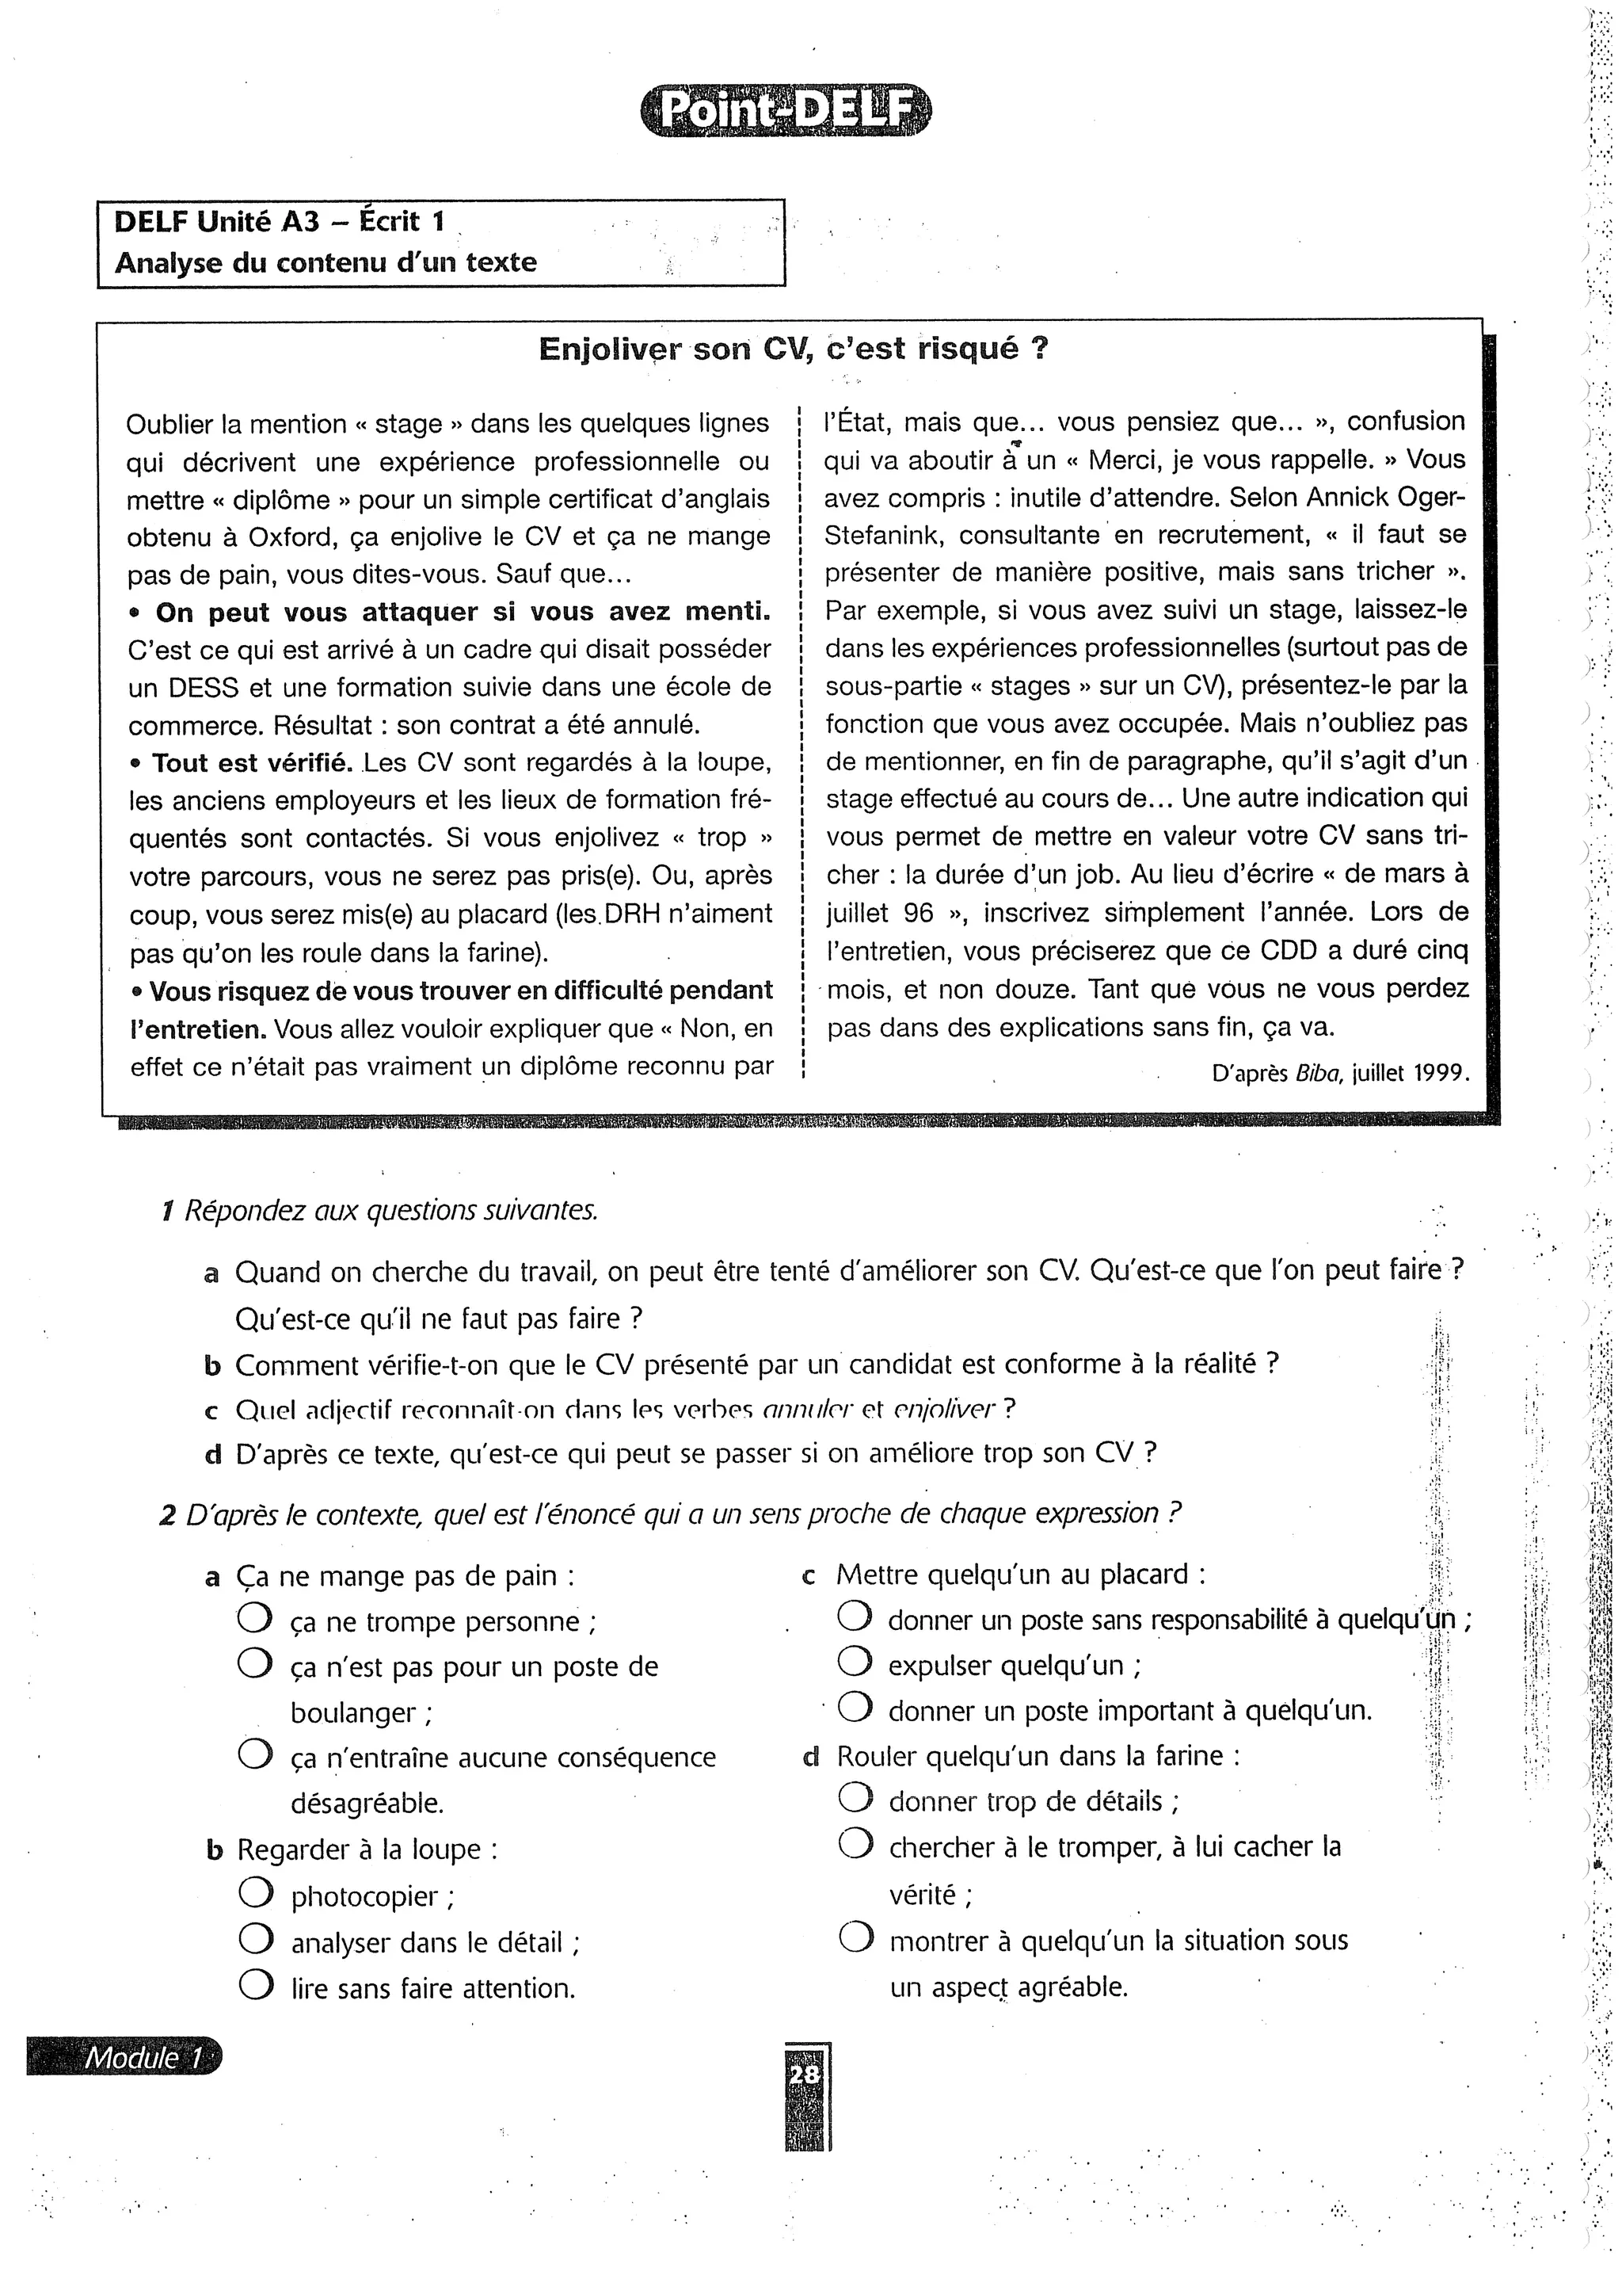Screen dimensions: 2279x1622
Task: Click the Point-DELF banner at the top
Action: click(x=785, y=111)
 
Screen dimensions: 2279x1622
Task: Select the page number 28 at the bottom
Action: click(x=804, y=2075)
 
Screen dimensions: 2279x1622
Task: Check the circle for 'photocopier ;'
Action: click(x=256, y=1895)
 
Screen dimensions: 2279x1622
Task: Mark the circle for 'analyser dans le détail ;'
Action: click(x=256, y=1941)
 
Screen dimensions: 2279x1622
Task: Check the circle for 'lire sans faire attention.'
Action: click(x=256, y=1987)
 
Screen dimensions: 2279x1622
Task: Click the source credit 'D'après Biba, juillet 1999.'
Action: click(x=1339, y=1074)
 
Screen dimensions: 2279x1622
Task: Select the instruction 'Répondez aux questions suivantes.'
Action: click(x=391, y=1210)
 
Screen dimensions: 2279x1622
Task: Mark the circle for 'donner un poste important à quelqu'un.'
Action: click(x=855, y=1708)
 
